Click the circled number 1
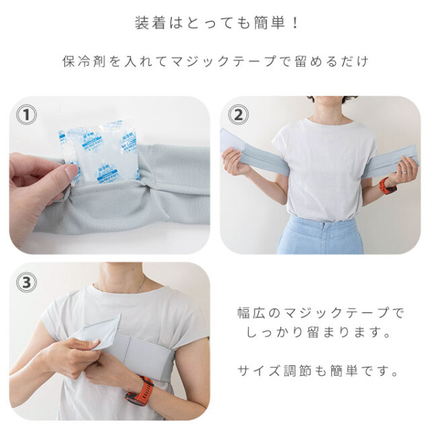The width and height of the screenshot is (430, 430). (x=26, y=115)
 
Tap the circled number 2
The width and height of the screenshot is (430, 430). (x=236, y=115)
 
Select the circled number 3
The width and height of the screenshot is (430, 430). (x=26, y=282)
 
